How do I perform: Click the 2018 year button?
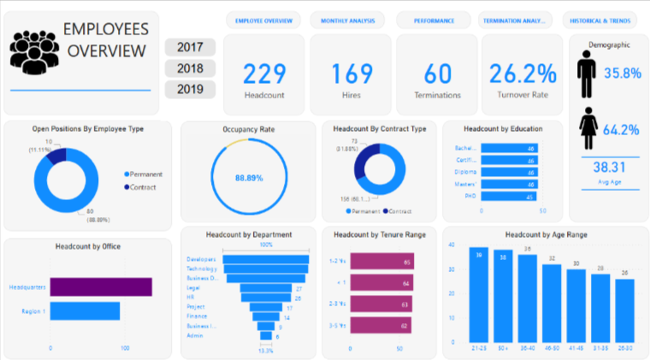pyautogui.click(x=190, y=68)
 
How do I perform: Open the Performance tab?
pyautogui.click(x=433, y=20)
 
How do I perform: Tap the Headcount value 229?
pyautogui.click(x=264, y=74)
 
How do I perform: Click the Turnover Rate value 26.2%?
pyautogui.click(x=521, y=74)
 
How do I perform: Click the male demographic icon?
pyautogui.click(x=587, y=74)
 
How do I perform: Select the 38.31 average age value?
pyautogui.click(x=607, y=168)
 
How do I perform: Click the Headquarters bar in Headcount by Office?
pyautogui.click(x=101, y=286)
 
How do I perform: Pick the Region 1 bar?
pyautogui.click(x=85, y=311)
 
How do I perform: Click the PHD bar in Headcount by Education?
pyautogui.click(x=508, y=196)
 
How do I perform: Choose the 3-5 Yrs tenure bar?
pyautogui.click(x=381, y=325)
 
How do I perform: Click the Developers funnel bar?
pyautogui.click(x=266, y=259)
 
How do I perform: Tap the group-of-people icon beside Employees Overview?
pyautogui.click(x=35, y=51)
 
